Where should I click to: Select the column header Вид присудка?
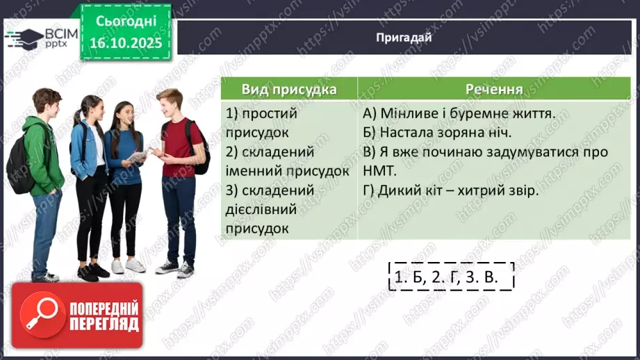289,90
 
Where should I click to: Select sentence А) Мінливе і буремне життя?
459,113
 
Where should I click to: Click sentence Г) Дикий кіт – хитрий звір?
450,189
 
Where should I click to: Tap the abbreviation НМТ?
379,170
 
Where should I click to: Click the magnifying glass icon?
39,315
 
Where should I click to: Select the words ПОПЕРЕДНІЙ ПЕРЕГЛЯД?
103,316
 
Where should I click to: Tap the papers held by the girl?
138,157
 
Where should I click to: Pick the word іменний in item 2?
252,170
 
